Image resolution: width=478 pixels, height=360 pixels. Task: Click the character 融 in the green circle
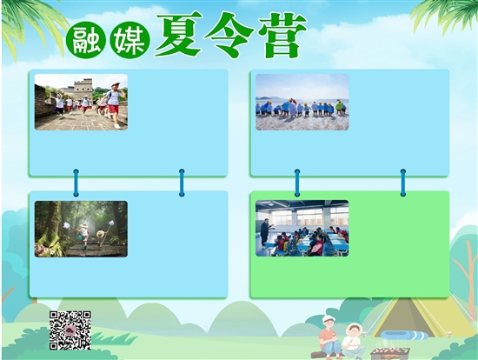[86, 40]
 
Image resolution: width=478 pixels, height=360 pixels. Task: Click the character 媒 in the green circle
[129, 40]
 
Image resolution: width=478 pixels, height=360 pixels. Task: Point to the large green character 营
[282, 35]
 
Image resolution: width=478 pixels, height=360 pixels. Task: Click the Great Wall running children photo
[81, 102]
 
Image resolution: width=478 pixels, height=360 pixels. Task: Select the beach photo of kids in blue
[302, 102]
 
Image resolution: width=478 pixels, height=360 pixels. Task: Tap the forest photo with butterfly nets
[81, 229]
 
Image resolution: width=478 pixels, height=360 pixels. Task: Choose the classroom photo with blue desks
[302, 228]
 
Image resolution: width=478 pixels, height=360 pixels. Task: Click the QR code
[70, 330]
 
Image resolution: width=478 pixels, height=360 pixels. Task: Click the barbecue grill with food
[390, 353]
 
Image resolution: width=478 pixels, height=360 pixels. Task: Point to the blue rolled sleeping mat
[404, 335]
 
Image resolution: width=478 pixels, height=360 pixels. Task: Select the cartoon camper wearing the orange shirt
[329, 337]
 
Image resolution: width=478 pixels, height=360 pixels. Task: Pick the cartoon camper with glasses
[353, 341]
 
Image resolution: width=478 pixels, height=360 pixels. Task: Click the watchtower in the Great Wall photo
[83, 89]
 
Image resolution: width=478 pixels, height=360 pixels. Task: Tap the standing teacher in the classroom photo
[265, 232]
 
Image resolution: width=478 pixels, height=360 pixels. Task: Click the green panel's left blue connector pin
[297, 183]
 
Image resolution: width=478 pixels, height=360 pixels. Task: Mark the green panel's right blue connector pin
[403, 183]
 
